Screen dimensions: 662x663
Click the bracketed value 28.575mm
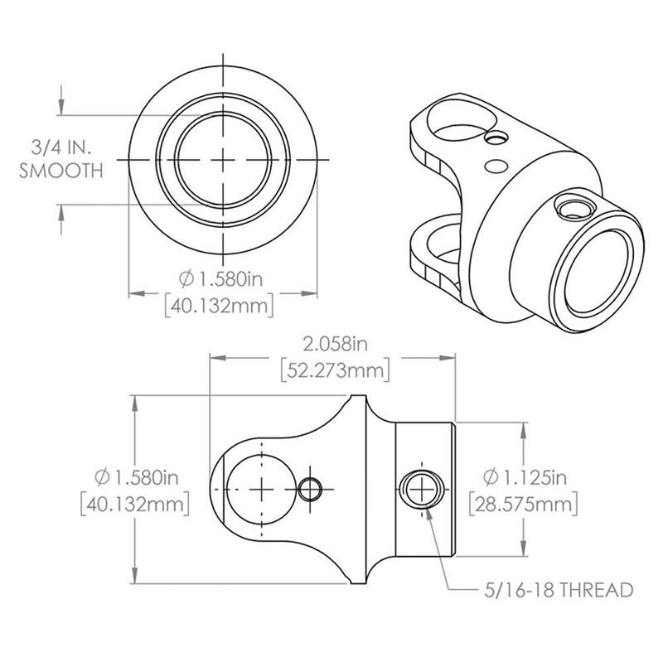point(522,503)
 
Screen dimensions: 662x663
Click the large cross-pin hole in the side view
point(262,488)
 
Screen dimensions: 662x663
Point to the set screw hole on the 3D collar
point(570,207)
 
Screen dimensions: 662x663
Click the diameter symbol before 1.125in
point(490,477)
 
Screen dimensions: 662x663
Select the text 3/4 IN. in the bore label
point(62,147)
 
